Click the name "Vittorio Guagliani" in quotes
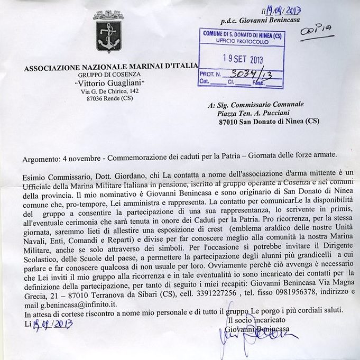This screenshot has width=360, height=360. (109, 85)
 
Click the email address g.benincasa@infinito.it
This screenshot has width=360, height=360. (80, 300)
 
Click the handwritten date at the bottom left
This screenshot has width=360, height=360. (48, 324)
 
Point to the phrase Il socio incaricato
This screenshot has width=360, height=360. (256, 320)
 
